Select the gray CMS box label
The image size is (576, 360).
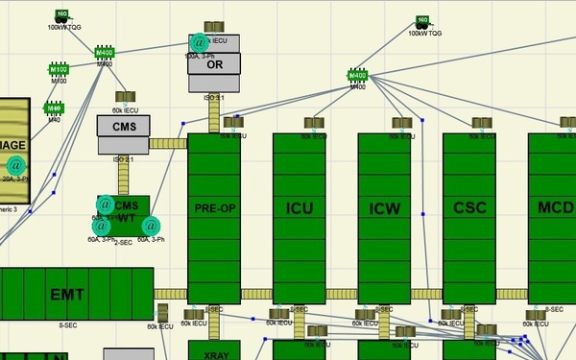(x=123, y=125)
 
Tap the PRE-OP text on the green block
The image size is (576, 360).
(x=213, y=207)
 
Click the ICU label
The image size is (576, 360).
(x=299, y=207)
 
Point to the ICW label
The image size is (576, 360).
(x=384, y=207)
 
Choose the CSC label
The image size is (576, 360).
(x=468, y=207)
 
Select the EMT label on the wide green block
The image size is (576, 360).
(x=68, y=294)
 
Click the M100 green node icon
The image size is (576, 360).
(x=59, y=70)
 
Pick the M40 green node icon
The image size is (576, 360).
(x=54, y=108)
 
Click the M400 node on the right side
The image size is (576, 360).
(x=357, y=75)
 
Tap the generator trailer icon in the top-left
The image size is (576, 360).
(x=61, y=15)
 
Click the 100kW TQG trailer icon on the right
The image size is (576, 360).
(x=421, y=22)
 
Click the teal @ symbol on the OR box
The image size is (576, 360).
(x=199, y=42)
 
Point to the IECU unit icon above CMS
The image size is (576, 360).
(x=123, y=98)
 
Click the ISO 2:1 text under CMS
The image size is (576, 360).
(x=123, y=159)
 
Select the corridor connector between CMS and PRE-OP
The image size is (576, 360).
(x=168, y=144)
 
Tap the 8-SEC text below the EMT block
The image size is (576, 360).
(x=68, y=325)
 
